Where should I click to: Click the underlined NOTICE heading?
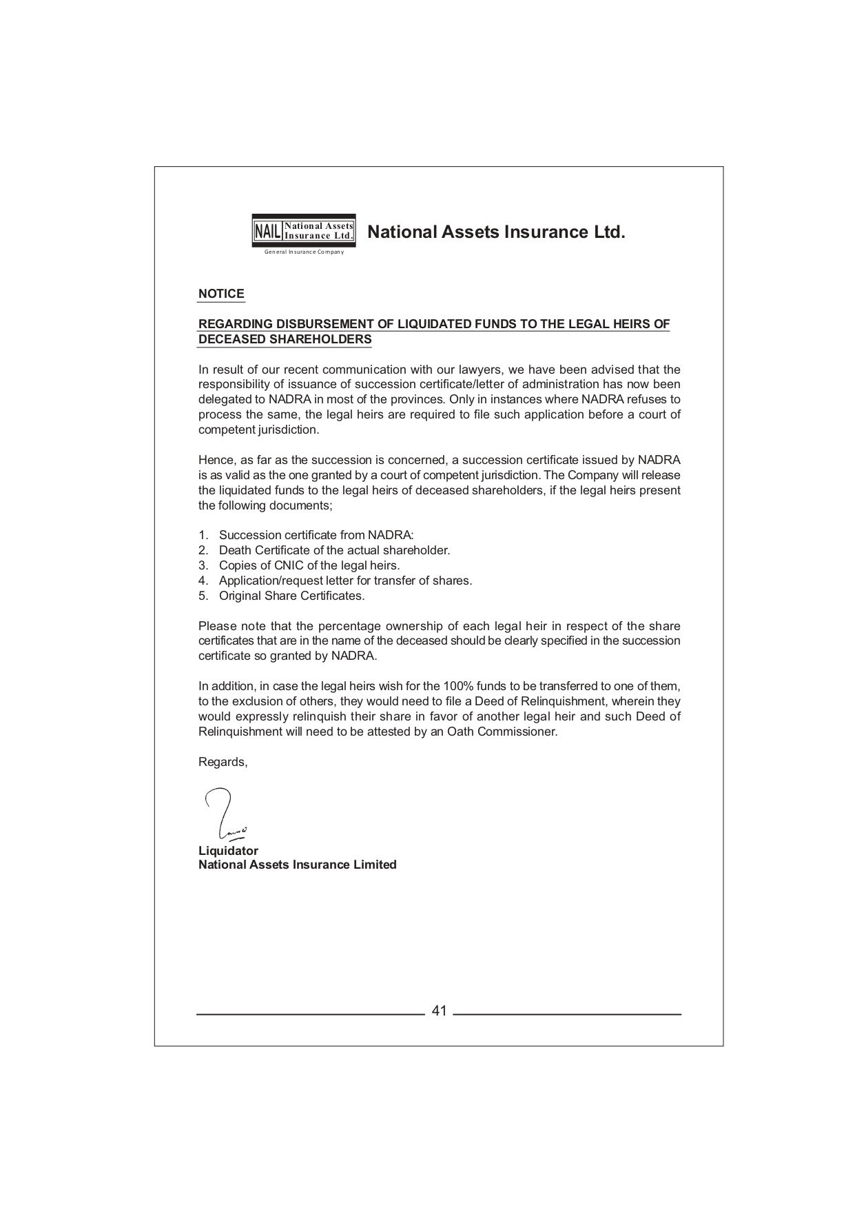(x=221, y=294)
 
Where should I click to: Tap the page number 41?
(x=439, y=1011)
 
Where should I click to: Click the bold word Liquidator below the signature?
(x=228, y=851)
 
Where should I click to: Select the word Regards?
(x=222, y=762)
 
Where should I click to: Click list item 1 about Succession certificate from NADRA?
(x=316, y=535)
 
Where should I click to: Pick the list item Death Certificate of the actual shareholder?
(x=333, y=550)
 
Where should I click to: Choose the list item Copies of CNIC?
(x=309, y=565)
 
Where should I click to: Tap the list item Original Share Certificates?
(x=291, y=596)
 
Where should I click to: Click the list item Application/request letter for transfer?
(x=344, y=581)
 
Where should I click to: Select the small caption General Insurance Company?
(x=304, y=252)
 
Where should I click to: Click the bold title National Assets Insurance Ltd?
(x=496, y=232)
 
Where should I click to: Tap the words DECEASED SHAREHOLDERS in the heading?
(x=285, y=339)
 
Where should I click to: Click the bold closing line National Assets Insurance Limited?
(x=297, y=865)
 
